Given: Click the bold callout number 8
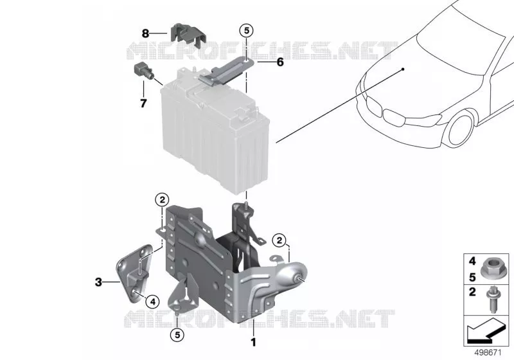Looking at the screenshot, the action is click(145, 33).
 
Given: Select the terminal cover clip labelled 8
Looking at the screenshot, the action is click(188, 35).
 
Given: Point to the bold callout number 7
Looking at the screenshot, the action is click(143, 104).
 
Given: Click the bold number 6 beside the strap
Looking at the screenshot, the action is click(280, 62).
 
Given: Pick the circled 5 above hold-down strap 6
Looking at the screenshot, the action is click(247, 31).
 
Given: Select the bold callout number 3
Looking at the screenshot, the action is click(98, 282).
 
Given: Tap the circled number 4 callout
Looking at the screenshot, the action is click(152, 301).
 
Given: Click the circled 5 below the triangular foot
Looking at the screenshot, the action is click(177, 335).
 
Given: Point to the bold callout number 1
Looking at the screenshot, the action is click(253, 342).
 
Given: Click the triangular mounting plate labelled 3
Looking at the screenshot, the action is click(134, 273).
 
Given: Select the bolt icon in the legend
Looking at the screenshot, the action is click(491, 300).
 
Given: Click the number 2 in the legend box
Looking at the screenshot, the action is click(472, 291).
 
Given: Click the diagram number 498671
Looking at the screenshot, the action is click(488, 353).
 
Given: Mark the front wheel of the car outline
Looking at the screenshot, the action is click(461, 129).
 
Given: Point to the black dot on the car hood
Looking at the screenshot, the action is click(403, 69).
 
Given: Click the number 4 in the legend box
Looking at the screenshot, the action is click(472, 261).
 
